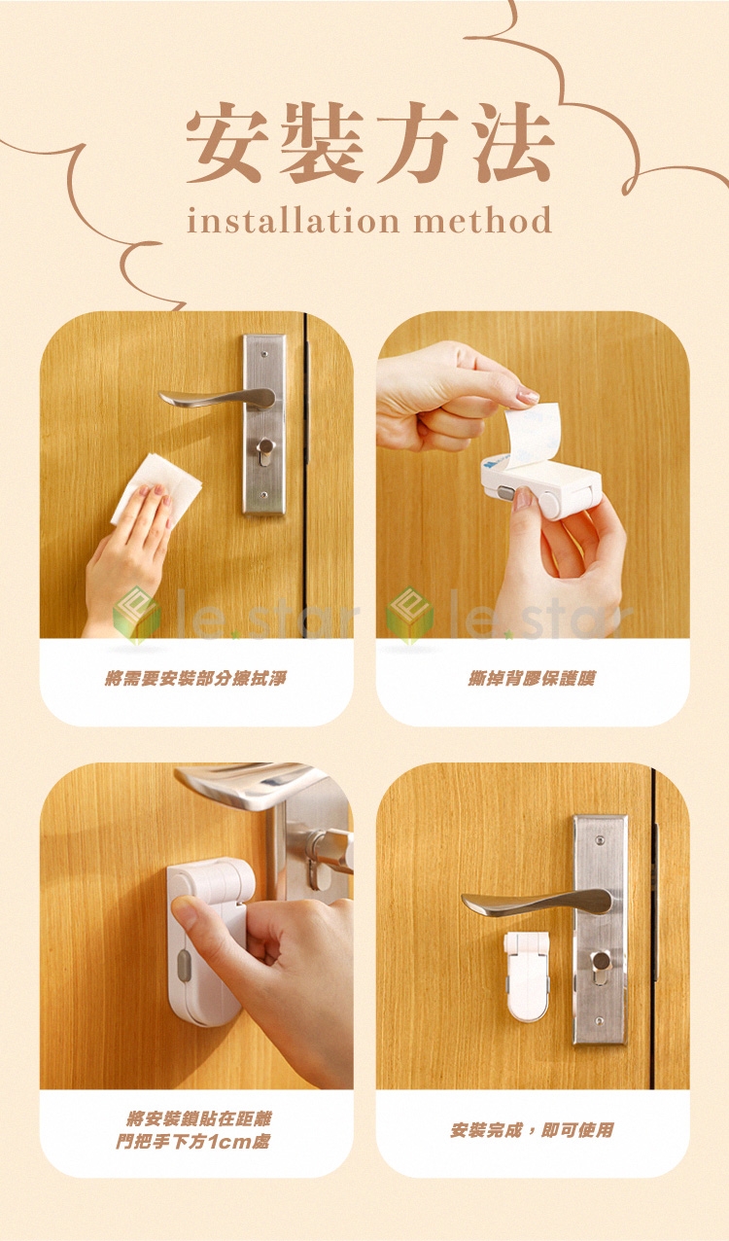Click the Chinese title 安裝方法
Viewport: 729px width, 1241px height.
(x=369, y=143)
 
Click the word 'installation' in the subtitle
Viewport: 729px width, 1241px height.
(x=294, y=220)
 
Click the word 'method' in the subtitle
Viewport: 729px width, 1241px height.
(x=483, y=220)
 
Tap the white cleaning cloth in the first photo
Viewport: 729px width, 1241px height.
(x=157, y=487)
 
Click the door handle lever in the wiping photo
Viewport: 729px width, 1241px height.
(x=218, y=397)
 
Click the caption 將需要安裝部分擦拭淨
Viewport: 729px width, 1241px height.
(x=196, y=678)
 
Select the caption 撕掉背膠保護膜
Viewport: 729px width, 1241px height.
(x=532, y=678)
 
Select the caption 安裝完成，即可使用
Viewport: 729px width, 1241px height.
(x=532, y=1130)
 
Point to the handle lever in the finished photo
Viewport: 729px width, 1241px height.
(x=536, y=902)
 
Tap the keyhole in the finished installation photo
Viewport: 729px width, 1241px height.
(x=600, y=961)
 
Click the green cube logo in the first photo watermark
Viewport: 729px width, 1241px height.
(x=136, y=615)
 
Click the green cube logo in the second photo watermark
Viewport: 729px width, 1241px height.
(x=410, y=615)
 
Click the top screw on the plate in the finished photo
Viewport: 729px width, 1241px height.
(x=600, y=840)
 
